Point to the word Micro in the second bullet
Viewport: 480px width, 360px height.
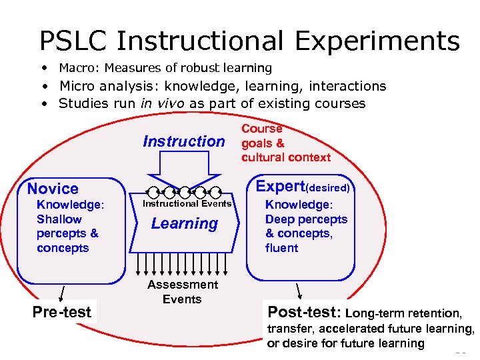[x=77, y=86]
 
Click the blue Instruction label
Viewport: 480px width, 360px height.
[x=184, y=141]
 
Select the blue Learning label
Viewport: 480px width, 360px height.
[x=184, y=224]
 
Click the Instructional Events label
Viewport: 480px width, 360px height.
[x=187, y=204]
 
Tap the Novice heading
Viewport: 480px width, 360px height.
[x=53, y=189]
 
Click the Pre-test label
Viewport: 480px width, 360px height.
[x=62, y=311]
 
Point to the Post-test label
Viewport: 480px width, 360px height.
[x=304, y=312]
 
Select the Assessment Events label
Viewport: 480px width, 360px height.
[x=182, y=292]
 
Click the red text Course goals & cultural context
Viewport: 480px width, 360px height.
[x=285, y=143]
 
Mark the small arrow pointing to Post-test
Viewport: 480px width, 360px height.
[x=299, y=291]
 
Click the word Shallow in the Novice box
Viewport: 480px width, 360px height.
[x=59, y=219]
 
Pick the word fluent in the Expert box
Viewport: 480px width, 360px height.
[x=281, y=248]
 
